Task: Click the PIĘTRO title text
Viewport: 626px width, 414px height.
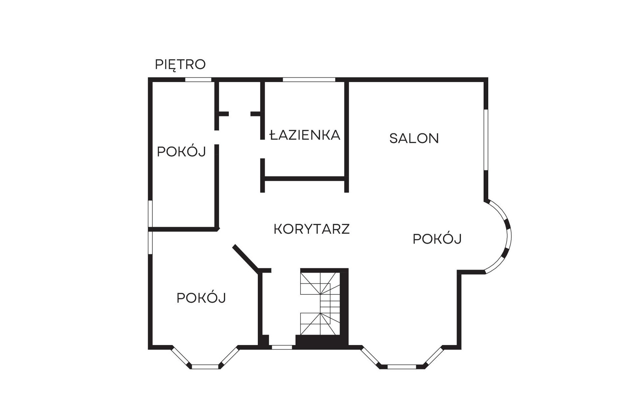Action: click(180, 65)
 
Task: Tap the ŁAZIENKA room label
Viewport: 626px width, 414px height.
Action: click(305, 135)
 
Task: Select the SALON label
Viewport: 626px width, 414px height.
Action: click(414, 138)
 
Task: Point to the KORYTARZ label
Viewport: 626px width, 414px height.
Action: click(311, 229)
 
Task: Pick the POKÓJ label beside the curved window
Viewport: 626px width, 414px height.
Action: click(437, 238)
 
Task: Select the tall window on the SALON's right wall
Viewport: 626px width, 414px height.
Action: click(486, 140)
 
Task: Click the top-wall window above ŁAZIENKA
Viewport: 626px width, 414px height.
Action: click(309, 80)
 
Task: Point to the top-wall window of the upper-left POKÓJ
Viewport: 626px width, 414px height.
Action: click(198, 80)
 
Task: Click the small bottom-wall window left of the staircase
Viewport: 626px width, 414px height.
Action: click(282, 347)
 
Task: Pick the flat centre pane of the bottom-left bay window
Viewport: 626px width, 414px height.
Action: click(205, 367)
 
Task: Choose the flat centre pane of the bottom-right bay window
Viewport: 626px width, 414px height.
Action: click(402, 367)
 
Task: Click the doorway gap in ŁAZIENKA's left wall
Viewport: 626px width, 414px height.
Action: click(262, 149)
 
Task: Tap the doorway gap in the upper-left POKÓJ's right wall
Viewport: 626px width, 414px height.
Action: click(217, 137)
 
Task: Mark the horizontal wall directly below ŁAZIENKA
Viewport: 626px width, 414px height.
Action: click(304, 179)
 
